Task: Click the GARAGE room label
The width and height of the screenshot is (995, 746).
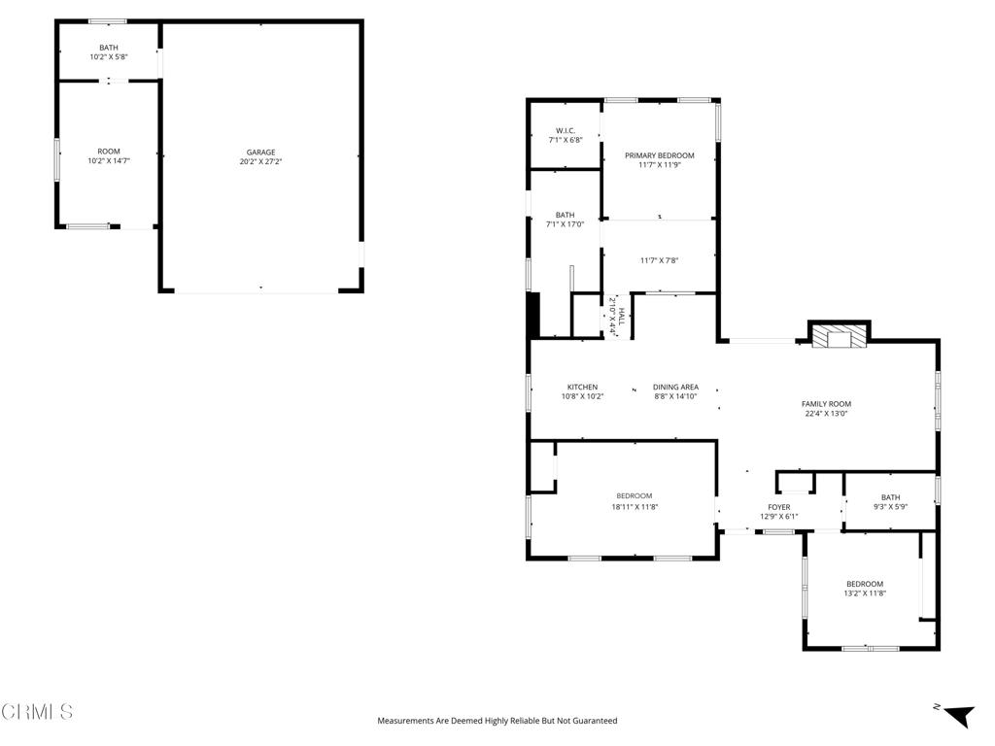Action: click(260, 152)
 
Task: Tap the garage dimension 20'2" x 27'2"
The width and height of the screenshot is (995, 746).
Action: click(260, 161)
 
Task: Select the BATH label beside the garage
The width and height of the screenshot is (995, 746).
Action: click(108, 48)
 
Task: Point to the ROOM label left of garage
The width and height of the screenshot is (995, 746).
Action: click(108, 152)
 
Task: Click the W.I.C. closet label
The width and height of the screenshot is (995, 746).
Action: click(566, 130)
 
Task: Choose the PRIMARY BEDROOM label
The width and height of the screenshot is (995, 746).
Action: click(660, 155)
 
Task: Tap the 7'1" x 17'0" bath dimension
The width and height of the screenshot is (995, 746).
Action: click(565, 224)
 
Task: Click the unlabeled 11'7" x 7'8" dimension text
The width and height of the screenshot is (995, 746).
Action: click(659, 259)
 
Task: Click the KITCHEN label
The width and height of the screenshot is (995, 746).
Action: click(582, 387)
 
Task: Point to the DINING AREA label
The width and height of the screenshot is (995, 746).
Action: click(675, 387)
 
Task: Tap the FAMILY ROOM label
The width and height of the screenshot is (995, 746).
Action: click(826, 404)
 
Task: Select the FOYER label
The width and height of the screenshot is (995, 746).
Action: click(778, 507)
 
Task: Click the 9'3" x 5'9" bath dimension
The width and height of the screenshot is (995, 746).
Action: click(890, 507)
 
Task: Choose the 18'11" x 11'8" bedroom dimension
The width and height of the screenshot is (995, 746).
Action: click(635, 506)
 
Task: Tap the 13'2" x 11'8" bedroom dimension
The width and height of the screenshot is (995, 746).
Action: click(864, 593)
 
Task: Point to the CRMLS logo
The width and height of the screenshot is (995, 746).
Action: click(37, 712)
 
